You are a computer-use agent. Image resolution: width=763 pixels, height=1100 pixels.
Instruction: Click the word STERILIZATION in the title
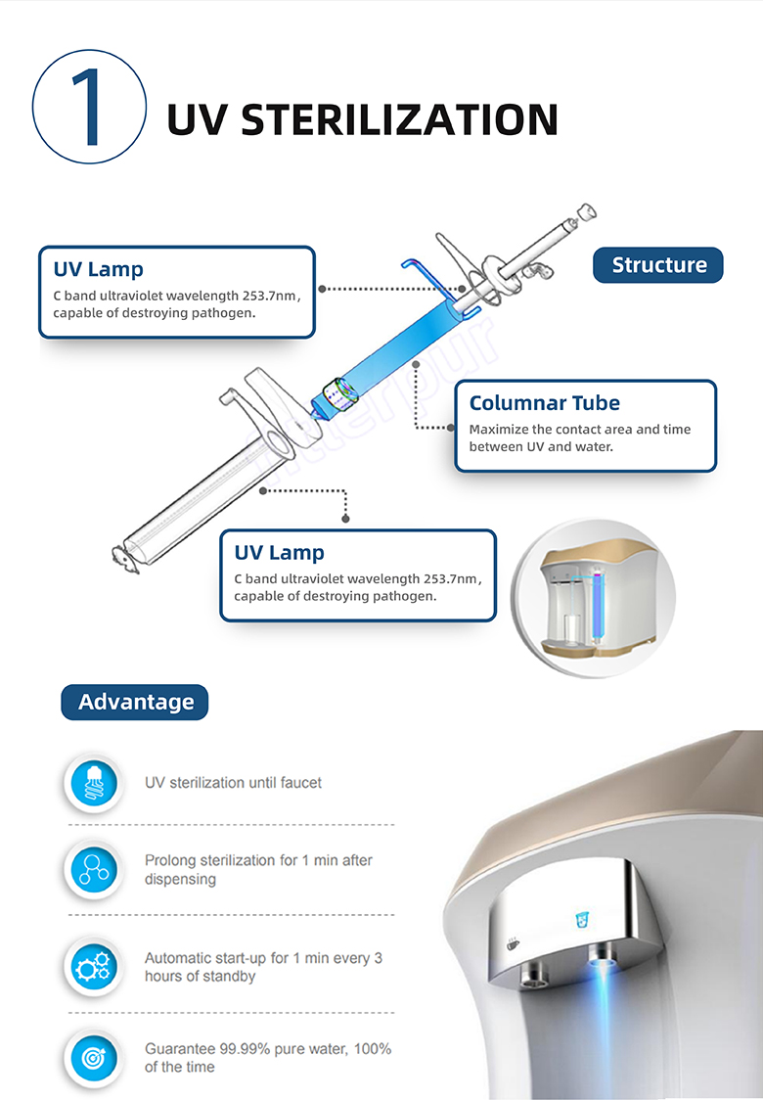click(x=399, y=119)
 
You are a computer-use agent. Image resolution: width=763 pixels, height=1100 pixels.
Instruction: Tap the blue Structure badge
click(x=658, y=265)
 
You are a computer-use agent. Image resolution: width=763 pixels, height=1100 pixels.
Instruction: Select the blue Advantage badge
click(x=135, y=702)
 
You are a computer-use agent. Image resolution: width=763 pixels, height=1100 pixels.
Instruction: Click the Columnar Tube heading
click(x=544, y=403)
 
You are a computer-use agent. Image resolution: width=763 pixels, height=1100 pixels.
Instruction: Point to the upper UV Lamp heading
click(x=98, y=269)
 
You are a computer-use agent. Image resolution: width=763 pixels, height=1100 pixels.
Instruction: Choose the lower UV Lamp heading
click(x=279, y=553)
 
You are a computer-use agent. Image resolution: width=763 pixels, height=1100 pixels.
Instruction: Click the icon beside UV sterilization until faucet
click(x=94, y=784)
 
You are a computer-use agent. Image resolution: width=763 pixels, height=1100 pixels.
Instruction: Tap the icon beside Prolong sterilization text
click(x=94, y=869)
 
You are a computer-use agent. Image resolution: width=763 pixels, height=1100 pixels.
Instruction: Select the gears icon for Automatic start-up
click(x=94, y=967)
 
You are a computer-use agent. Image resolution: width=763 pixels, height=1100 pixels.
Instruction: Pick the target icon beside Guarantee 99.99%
click(x=94, y=1057)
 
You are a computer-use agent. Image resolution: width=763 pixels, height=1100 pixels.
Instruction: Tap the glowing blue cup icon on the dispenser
click(x=581, y=921)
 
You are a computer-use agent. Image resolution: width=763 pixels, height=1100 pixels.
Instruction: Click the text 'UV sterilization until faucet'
click(x=233, y=783)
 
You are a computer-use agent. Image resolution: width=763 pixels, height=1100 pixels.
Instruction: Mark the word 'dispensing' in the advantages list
click(x=180, y=879)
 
